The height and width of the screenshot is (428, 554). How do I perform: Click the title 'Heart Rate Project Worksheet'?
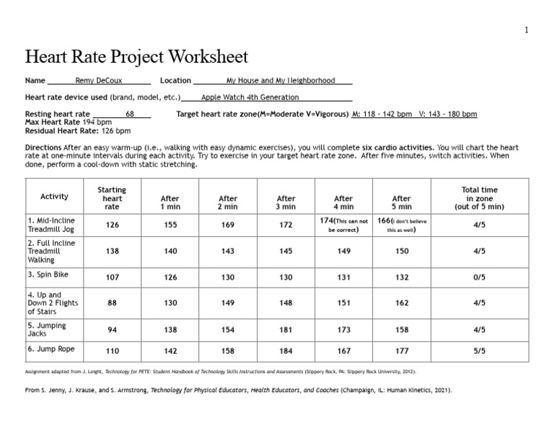136,57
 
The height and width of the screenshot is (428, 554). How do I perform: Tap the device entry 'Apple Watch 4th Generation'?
250,97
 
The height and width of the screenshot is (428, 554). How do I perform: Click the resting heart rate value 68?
130,115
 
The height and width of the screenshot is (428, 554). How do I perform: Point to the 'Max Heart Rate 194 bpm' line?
69,122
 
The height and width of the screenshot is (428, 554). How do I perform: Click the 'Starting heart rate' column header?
112,198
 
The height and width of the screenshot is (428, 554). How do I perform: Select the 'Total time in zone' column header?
479,198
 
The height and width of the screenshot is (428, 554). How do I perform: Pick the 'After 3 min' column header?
286,203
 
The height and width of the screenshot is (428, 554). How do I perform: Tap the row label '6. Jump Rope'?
51,350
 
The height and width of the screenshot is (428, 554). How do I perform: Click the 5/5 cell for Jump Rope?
479,351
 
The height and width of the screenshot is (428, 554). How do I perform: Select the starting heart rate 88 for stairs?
112,303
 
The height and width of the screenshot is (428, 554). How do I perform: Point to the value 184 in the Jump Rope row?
286,351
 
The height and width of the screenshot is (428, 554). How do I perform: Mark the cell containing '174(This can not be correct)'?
343,225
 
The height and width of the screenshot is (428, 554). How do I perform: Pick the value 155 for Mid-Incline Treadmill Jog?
170,225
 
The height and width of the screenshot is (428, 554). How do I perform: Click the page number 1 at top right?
527,30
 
